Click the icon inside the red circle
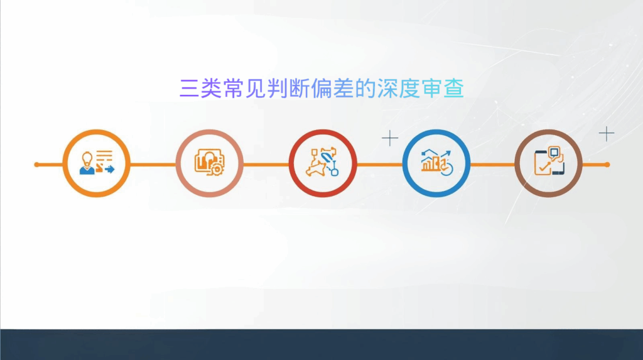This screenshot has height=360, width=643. (x=323, y=163)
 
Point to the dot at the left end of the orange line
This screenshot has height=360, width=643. (x=36, y=165)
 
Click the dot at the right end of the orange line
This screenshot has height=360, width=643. (x=607, y=165)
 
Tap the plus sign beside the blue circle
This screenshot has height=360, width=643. (x=390, y=138)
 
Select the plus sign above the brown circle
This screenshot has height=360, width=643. (x=606, y=133)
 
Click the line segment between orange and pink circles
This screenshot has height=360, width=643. (x=153, y=165)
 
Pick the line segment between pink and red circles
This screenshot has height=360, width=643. (x=266, y=165)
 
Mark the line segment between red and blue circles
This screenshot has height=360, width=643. (x=379, y=165)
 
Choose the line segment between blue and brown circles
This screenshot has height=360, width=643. (x=492, y=165)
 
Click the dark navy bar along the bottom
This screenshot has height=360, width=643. (x=321, y=344)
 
